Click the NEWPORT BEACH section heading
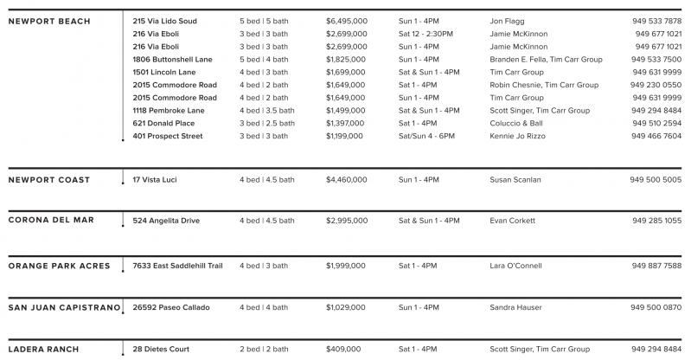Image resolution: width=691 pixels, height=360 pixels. [x=48, y=21]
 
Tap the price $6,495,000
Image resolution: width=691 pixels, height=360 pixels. [x=347, y=20]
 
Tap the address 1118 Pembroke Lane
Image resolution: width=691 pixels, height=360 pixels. [x=170, y=111]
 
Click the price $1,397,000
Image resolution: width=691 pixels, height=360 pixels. [x=347, y=124]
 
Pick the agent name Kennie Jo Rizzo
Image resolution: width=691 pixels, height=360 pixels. [x=520, y=137]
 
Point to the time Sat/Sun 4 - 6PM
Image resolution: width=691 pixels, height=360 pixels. [x=430, y=137]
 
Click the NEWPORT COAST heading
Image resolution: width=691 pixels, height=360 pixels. [x=48, y=179]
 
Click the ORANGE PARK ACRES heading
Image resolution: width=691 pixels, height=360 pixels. [x=59, y=266]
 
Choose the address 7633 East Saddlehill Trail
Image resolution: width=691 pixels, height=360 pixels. [x=177, y=266]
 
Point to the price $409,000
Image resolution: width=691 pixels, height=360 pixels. [x=343, y=350]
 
